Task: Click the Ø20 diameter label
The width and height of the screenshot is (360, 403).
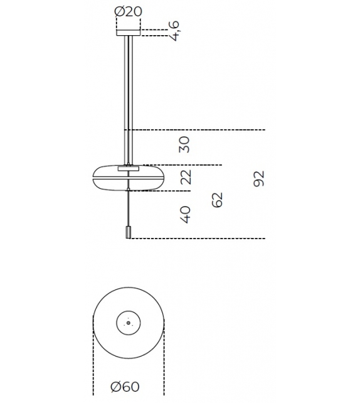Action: (x=129, y=11)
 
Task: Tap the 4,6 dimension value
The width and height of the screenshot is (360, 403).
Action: (x=175, y=30)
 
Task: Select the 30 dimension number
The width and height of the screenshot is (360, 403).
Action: (x=184, y=146)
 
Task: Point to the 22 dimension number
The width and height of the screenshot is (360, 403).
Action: (x=186, y=178)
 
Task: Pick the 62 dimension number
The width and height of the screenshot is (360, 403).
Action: (x=218, y=200)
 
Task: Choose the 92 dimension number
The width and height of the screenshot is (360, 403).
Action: (x=260, y=178)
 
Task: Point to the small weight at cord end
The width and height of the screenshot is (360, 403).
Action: (x=129, y=233)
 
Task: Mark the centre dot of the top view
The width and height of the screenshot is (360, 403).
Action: (x=128, y=323)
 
